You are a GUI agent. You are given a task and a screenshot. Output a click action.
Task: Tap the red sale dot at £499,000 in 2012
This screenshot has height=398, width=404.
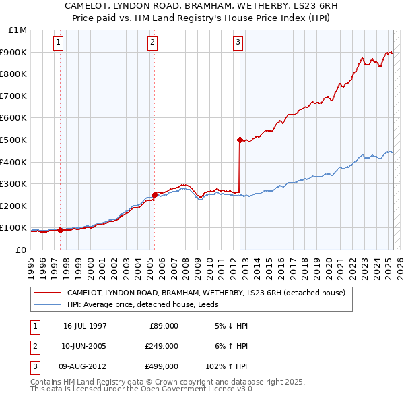coord(240,140)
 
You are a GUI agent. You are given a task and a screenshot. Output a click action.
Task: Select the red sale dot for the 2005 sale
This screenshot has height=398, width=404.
coord(154,195)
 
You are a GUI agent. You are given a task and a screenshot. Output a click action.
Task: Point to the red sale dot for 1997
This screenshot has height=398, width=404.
coord(61,230)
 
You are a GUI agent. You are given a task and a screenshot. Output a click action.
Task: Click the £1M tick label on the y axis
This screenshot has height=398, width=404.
coord(18,30)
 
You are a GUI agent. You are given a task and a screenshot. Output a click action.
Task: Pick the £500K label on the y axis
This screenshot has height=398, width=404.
coord(15,140)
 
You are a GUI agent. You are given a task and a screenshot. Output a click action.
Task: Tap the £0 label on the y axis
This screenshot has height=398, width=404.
coord(20,250)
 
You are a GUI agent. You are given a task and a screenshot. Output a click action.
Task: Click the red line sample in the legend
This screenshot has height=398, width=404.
coord(47,293)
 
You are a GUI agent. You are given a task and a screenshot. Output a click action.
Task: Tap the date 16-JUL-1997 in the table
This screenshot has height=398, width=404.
coord(85,326)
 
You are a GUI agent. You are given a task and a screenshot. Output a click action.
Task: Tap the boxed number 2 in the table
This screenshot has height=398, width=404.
coord(34,346)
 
